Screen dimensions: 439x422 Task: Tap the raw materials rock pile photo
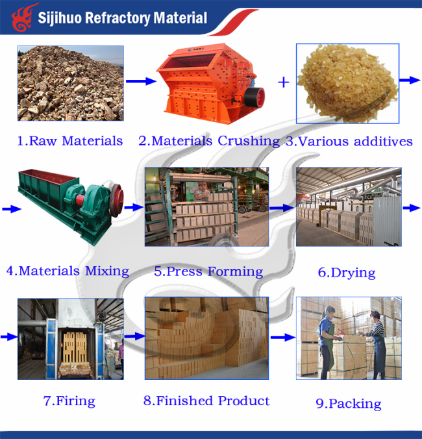coord(70,83)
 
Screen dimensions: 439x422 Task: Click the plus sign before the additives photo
coord(283,82)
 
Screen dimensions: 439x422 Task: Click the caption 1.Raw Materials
coord(70,140)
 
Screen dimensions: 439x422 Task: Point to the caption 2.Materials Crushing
coord(209,140)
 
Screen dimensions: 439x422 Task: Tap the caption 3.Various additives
coord(349,141)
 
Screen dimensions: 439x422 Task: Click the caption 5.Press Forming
coord(208,271)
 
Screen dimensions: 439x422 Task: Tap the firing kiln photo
coord(70,338)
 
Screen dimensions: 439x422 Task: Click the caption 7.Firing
coord(69,401)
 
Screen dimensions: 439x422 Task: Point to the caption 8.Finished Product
coord(206,401)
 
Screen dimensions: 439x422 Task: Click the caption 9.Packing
coord(349,403)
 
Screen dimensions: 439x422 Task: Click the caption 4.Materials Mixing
coord(68,271)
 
